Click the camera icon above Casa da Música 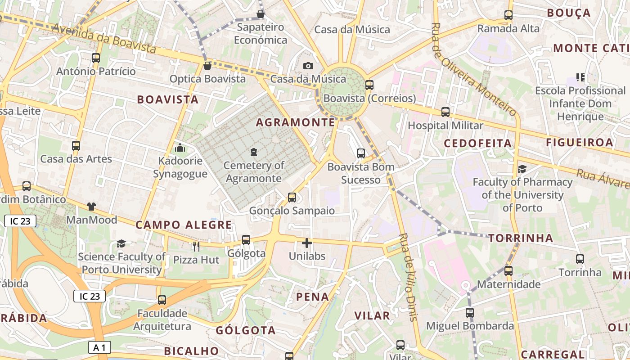(x=308, y=66)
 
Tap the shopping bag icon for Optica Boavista (x=207, y=66)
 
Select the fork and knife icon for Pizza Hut (x=196, y=246)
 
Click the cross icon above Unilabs (x=307, y=243)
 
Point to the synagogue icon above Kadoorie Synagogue (x=180, y=147)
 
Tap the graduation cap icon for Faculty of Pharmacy (x=522, y=169)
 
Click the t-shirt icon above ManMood (x=91, y=207)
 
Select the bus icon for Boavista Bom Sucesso (x=361, y=153)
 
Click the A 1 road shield (x=99, y=347)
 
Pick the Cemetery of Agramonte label (x=254, y=172)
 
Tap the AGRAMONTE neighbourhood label (x=296, y=122)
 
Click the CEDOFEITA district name (x=478, y=144)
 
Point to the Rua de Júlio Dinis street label (x=409, y=277)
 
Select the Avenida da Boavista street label (x=104, y=38)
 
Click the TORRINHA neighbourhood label (x=521, y=238)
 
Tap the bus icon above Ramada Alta (x=508, y=15)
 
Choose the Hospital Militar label (x=445, y=126)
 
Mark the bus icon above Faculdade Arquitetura (x=162, y=300)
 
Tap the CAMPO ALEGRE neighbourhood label (x=184, y=225)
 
